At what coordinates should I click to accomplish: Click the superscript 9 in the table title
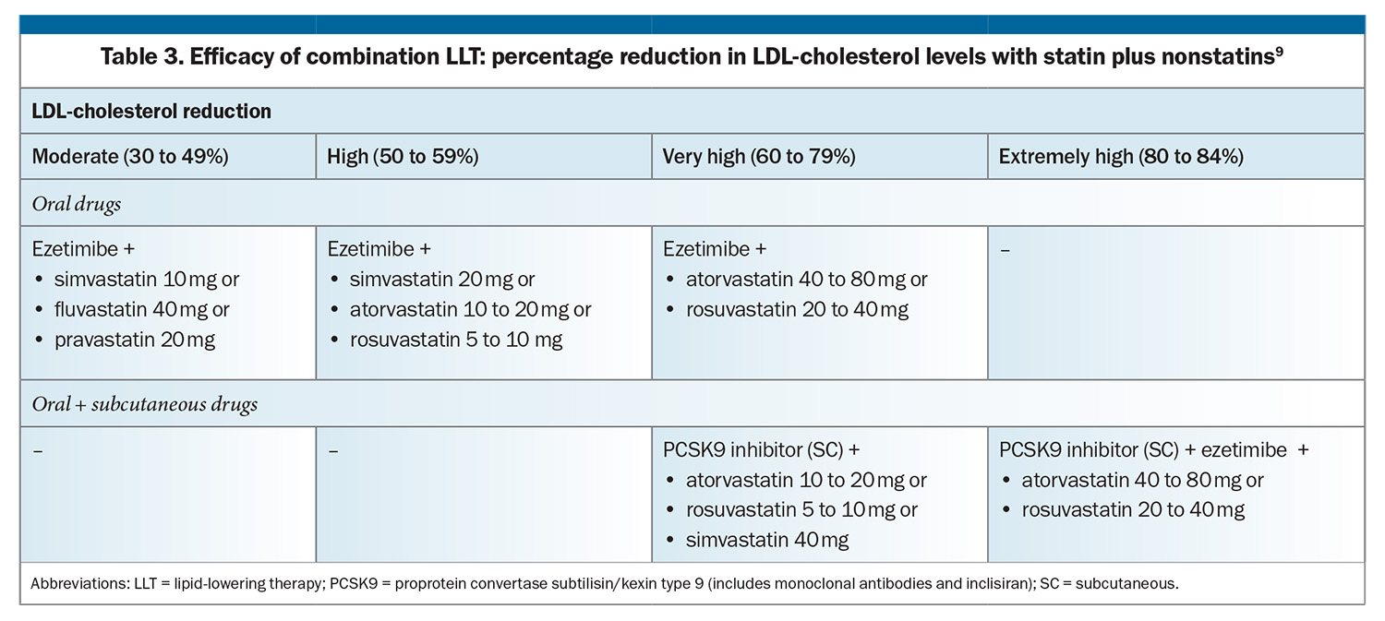[x=1279, y=51]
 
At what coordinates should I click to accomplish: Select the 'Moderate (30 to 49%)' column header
[x=130, y=156]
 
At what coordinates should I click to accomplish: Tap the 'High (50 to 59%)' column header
[x=403, y=156]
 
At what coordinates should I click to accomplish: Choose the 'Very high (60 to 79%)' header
[x=759, y=156]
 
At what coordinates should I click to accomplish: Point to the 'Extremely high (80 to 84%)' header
[x=1121, y=156]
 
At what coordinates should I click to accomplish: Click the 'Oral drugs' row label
[x=76, y=204]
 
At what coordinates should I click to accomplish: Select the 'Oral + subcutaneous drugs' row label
[x=145, y=404]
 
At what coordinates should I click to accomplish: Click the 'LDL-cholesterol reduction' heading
[x=151, y=112]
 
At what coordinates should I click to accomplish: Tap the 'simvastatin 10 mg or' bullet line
[x=147, y=280]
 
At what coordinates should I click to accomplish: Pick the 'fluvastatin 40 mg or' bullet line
[x=141, y=309]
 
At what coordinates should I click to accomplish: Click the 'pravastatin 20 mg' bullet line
[x=135, y=340]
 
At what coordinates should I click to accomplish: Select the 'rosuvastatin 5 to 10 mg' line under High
[x=456, y=340]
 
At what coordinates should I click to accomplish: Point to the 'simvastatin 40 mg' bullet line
[x=767, y=540]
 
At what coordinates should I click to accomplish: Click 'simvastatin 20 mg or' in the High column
[x=442, y=280]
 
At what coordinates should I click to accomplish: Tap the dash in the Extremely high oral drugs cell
[x=1005, y=250]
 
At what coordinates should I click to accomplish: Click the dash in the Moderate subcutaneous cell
[x=38, y=451]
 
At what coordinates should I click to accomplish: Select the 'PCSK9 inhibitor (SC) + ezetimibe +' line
[x=1154, y=450]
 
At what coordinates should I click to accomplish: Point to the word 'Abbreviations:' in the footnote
[x=79, y=583]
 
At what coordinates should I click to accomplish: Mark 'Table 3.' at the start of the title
[x=141, y=57]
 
